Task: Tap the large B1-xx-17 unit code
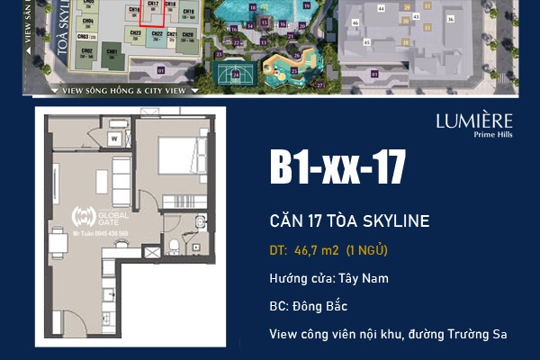337,168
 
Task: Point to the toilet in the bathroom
174,246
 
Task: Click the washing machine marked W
115,139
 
